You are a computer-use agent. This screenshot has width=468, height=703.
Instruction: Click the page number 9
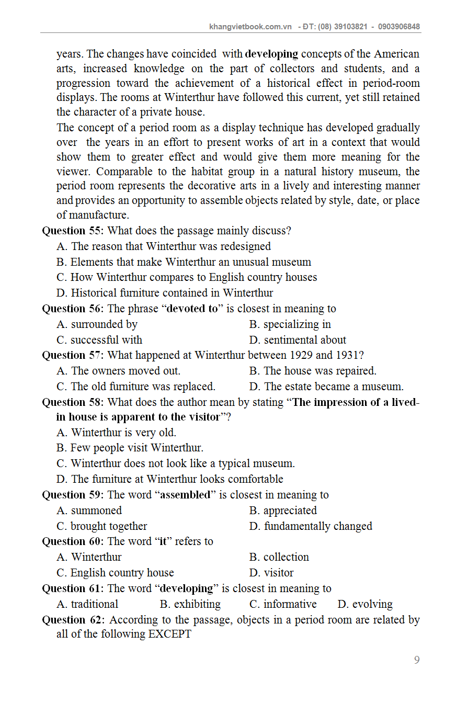tap(417, 660)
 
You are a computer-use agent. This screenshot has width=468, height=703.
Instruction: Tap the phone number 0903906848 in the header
tap(399, 27)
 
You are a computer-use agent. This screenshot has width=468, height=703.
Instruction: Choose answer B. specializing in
tap(290, 324)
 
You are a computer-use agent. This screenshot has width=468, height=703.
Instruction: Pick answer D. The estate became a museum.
tap(326, 387)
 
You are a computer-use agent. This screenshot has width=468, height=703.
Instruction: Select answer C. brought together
tap(102, 526)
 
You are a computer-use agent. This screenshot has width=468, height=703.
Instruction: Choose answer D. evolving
tap(365, 604)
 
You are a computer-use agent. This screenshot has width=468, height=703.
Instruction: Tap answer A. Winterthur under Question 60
tap(89, 557)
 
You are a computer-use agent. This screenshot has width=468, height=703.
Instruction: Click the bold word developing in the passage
tap(271, 54)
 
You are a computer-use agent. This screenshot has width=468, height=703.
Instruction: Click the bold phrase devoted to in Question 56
tap(191, 309)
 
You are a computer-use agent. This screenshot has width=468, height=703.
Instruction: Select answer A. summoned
tap(89, 511)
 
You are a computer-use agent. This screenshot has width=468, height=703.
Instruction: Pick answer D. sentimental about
tap(298, 340)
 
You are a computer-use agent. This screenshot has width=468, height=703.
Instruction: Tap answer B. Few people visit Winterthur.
tap(130, 448)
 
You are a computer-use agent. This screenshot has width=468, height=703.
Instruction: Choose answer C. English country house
tap(115, 573)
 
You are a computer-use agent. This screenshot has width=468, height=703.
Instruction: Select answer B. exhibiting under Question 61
tap(190, 604)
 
